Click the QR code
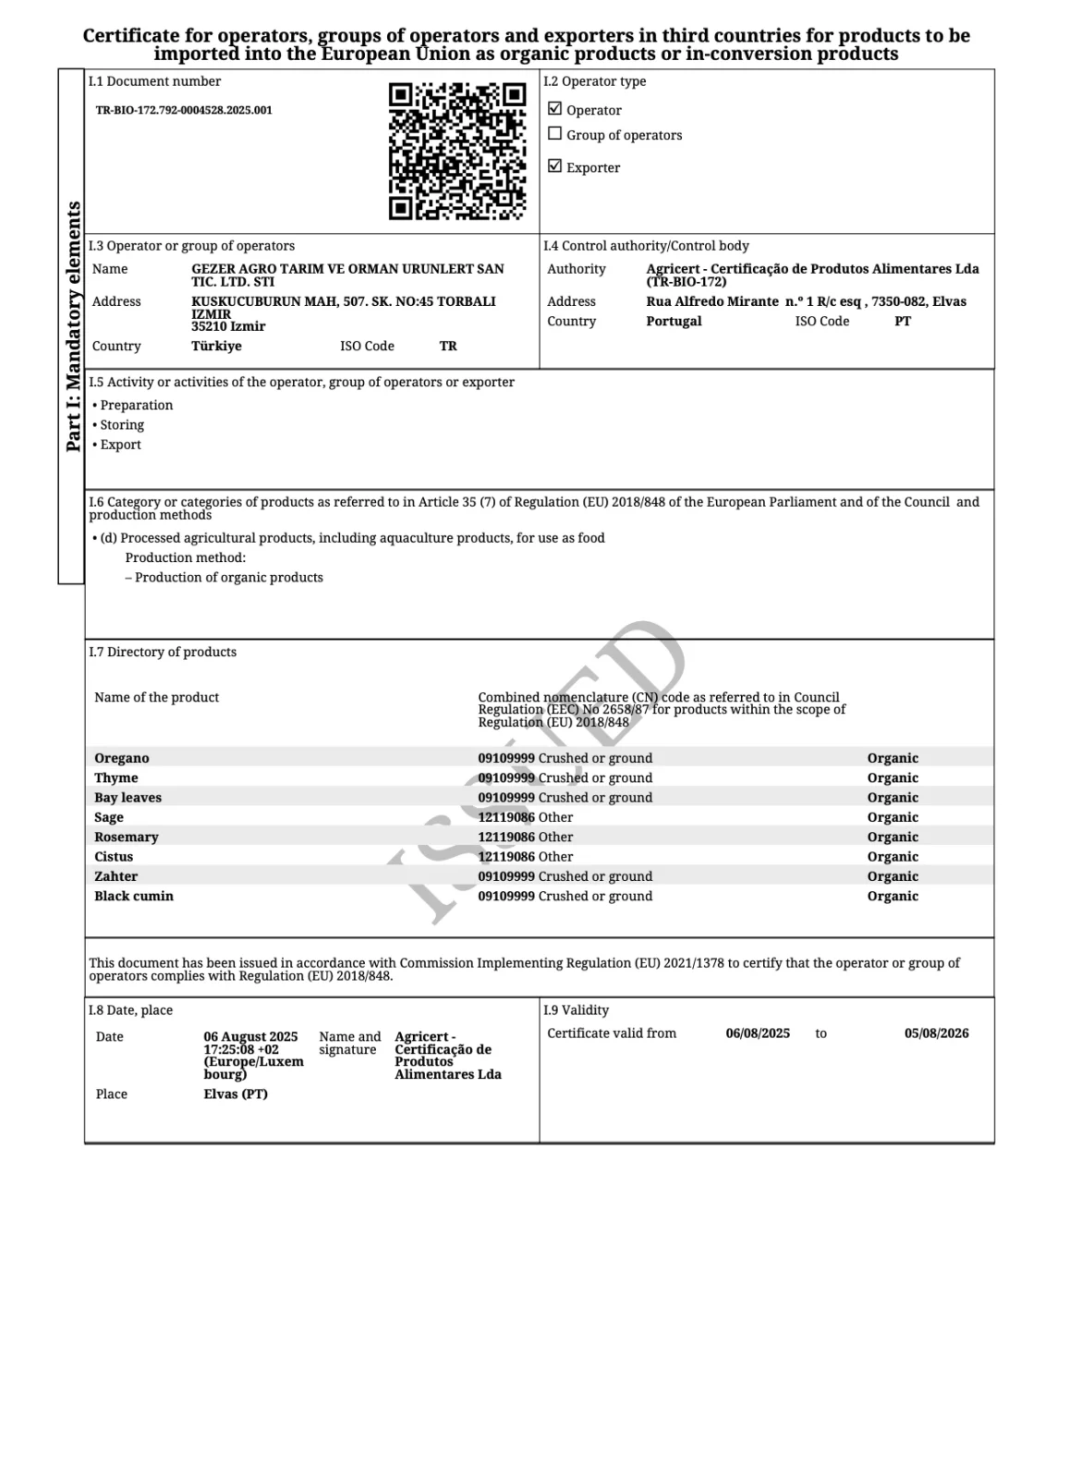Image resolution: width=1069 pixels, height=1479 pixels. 456,152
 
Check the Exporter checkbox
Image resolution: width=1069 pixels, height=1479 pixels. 554,166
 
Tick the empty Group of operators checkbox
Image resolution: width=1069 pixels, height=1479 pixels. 554,134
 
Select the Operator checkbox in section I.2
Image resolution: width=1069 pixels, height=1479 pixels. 554,109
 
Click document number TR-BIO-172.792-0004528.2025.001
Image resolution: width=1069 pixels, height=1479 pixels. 184,110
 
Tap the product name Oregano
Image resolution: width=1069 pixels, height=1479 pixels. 121,758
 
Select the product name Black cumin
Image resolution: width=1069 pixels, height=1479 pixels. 134,896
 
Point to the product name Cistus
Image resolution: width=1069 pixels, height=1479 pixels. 114,857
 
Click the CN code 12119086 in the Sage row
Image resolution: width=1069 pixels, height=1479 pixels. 506,817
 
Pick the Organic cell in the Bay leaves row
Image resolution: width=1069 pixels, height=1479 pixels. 893,798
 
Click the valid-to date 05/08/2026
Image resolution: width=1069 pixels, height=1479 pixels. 936,1033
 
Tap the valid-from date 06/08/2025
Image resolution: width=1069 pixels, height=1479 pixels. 758,1033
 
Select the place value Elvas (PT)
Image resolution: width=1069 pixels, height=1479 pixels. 236,1094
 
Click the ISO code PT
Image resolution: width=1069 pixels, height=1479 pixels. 903,322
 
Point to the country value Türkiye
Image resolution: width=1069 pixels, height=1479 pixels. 216,347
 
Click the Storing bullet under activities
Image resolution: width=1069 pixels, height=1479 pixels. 121,425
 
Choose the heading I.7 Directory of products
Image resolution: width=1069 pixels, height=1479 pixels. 163,653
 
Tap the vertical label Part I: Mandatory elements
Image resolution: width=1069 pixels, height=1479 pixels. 73,326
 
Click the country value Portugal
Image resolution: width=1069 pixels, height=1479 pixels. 674,322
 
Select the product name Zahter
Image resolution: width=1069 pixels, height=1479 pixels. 115,876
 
